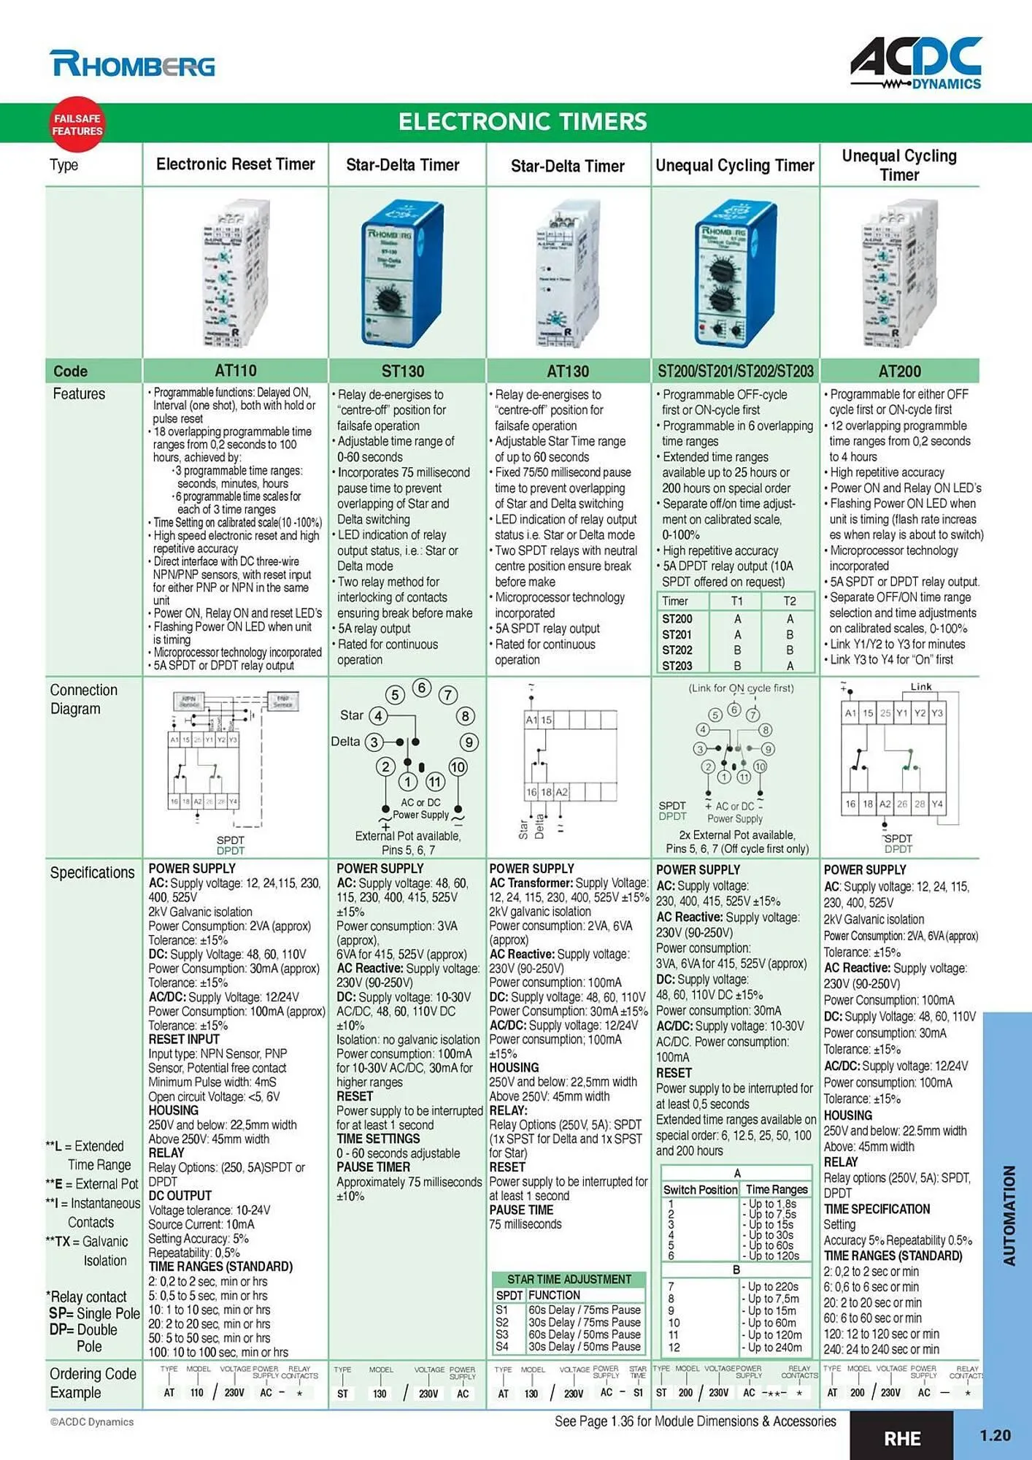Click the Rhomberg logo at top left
(x=132, y=64)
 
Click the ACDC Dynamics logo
(x=916, y=63)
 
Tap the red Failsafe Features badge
(x=77, y=124)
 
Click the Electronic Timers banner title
(x=523, y=121)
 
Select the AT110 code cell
(x=235, y=371)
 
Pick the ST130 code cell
(x=403, y=372)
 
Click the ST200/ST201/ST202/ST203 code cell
(x=735, y=372)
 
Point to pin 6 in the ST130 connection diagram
(x=422, y=688)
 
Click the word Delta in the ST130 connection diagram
(x=345, y=742)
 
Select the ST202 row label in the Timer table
(x=677, y=650)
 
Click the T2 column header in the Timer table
(x=789, y=601)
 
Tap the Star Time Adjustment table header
(x=569, y=1280)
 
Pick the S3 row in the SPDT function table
(x=501, y=1334)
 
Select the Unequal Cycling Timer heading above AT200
(x=899, y=165)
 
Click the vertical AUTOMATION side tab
(x=1009, y=1215)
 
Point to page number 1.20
(x=994, y=1435)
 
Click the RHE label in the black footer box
(x=902, y=1438)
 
